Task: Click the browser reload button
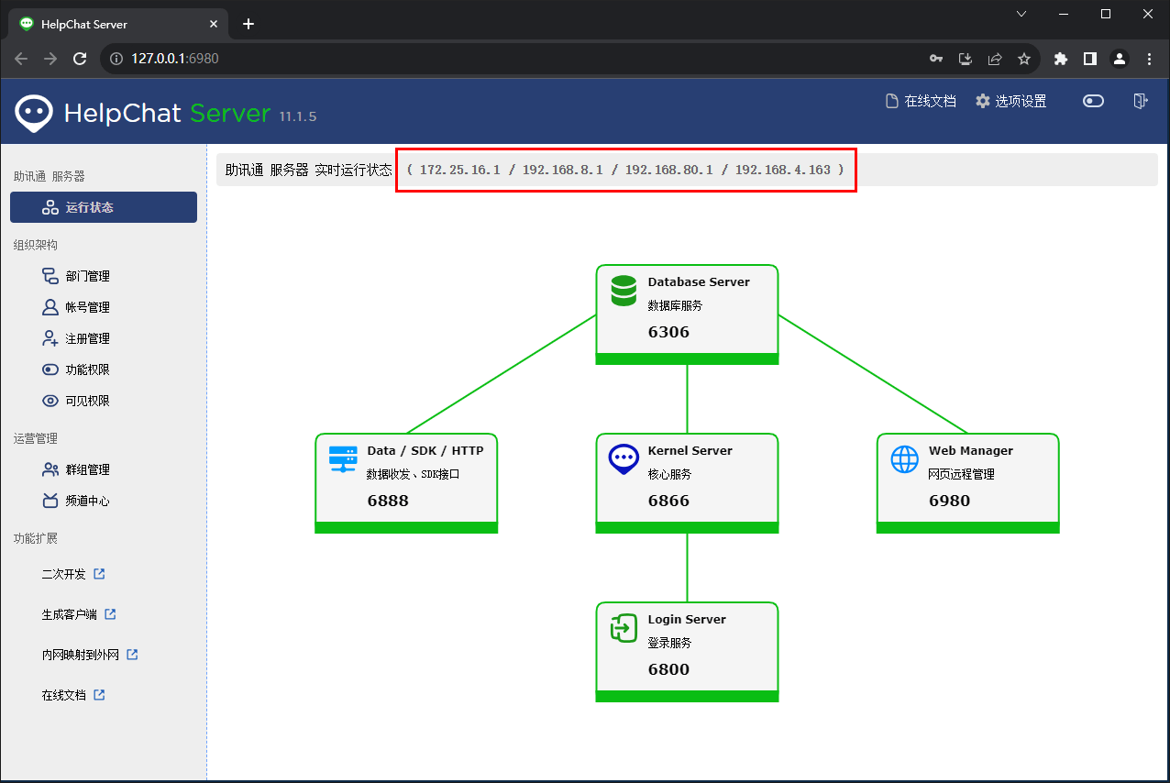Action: pos(80,59)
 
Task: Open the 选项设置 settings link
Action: pos(1010,102)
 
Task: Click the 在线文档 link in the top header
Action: pos(921,102)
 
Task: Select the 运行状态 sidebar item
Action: pos(104,207)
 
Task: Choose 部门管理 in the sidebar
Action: pos(76,276)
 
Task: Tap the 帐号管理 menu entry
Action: pos(76,307)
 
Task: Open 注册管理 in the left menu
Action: pos(76,338)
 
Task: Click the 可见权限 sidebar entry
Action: pos(76,401)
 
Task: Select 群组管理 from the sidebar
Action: pos(76,469)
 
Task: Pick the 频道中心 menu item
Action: pos(76,501)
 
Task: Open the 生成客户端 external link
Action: pos(79,614)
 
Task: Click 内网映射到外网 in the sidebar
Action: pos(90,655)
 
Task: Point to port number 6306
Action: pos(668,332)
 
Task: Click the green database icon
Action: pos(624,291)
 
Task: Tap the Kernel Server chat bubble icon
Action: pos(624,459)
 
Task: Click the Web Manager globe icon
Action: pos(904,459)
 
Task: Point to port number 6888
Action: pos(388,501)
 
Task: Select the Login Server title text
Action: pos(687,619)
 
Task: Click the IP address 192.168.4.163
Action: pos(782,170)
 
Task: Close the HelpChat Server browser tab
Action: pos(214,24)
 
